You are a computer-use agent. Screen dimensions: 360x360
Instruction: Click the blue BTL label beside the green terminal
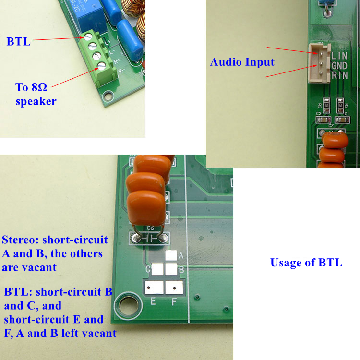[19, 42]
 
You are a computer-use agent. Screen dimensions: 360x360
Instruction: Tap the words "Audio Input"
[242, 62]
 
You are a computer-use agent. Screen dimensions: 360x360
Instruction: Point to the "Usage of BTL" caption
[306, 263]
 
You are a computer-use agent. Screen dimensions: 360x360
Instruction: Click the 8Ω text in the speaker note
[39, 87]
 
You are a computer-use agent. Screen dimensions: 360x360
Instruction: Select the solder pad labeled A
[171, 255]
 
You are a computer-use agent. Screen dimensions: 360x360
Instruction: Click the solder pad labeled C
[157, 269]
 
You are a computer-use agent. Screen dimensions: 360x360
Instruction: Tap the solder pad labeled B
[171, 269]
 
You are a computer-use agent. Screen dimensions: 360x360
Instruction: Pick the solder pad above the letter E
[154, 288]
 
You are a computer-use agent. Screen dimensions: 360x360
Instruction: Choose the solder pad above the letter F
[174, 288]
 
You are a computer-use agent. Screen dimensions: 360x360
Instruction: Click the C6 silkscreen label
[150, 228]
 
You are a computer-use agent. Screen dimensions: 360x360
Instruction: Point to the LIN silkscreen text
[339, 56]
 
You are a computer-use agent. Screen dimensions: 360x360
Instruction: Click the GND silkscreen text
[339, 66]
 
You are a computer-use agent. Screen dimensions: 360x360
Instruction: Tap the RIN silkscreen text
[339, 75]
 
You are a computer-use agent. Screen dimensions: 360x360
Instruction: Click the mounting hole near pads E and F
[129, 306]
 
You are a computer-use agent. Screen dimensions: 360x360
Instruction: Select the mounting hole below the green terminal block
[108, 96]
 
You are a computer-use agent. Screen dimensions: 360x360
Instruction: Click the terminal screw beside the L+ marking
[88, 37]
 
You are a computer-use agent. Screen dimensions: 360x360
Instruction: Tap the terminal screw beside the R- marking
[101, 66]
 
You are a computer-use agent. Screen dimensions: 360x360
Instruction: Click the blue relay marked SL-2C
[88, 16]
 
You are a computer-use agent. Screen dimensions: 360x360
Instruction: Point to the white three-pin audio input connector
[319, 63]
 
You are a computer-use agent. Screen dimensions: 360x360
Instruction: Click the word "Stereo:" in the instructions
[21, 240]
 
